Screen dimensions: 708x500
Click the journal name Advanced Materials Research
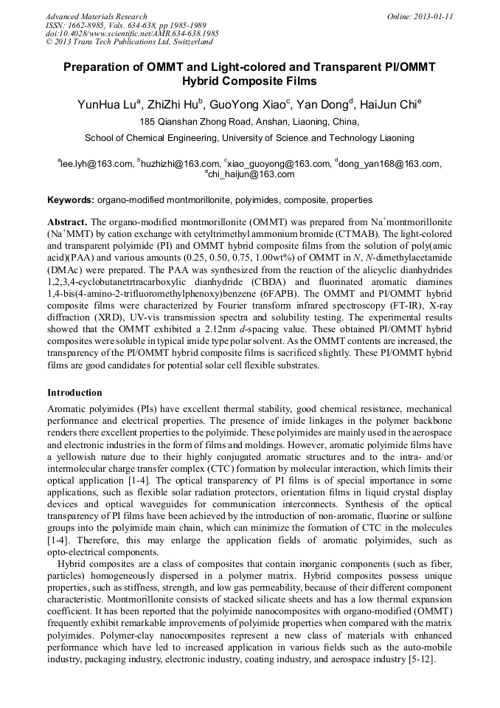(96, 16)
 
